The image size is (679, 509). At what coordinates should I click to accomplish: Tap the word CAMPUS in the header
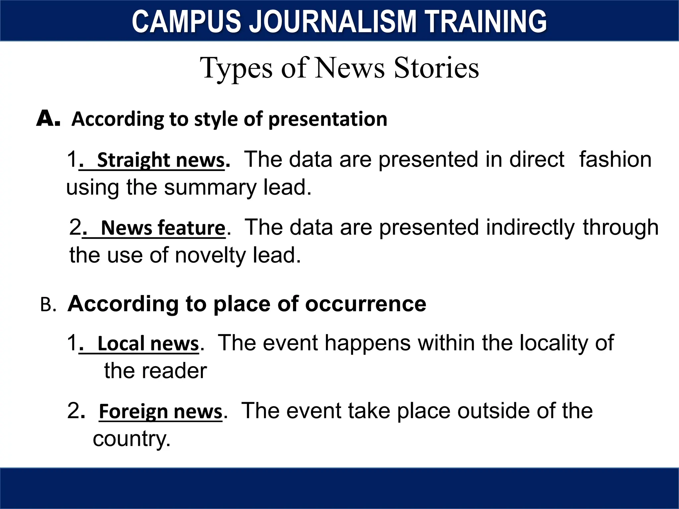click(x=186, y=22)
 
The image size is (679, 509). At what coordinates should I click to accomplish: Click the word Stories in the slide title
click(x=436, y=68)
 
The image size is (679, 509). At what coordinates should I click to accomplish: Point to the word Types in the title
click(x=236, y=68)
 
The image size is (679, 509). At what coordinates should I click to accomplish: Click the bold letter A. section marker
click(x=48, y=119)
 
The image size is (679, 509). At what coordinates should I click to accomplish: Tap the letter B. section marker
click(x=48, y=305)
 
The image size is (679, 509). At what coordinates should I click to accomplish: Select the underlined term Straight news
click(x=161, y=160)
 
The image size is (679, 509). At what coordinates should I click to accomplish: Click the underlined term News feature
click(x=163, y=228)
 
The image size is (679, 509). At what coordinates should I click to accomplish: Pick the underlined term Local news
click(x=148, y=344)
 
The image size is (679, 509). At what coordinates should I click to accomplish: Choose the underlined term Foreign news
click(x=160, y=412)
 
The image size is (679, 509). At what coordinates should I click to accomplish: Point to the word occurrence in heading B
click(x=365, y=304)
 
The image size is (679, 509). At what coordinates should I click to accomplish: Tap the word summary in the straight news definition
click(x=210, y=188)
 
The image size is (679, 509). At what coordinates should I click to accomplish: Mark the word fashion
click(x=615, y=159)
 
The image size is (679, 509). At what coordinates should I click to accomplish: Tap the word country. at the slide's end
click(x=132, y=439)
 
